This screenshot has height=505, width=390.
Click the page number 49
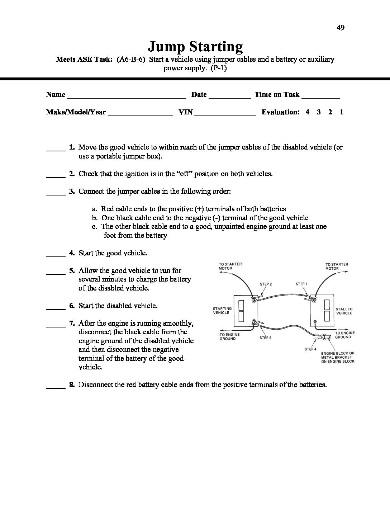[341, 28]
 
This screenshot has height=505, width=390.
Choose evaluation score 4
[308, 112]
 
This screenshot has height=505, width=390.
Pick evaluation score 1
[342, 112]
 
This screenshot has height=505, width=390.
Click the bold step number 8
[72, 385]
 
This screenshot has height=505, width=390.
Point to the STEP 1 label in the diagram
[301, 284]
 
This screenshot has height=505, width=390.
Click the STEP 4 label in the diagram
[310, 349]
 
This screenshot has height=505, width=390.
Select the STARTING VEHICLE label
[222, 311]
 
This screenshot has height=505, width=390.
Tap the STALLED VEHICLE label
[344, 311]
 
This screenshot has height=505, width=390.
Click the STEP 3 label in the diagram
[266, 338]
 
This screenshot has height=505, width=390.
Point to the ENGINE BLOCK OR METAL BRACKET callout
[338, 357]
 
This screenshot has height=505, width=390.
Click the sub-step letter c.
[95, 226]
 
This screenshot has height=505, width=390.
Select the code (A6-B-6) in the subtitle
[131, 60]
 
